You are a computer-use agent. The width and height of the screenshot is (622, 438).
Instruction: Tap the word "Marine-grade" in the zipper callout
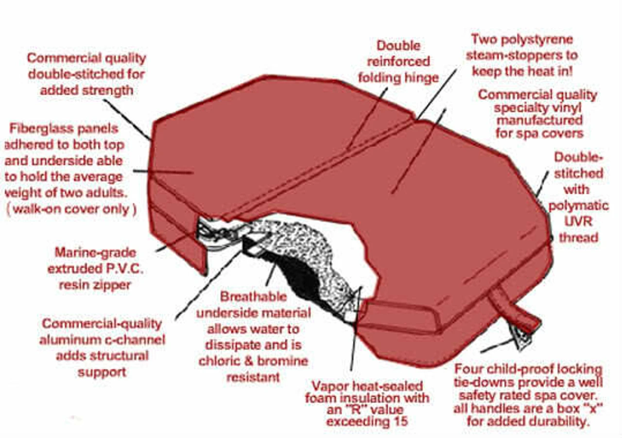tap(95, 253)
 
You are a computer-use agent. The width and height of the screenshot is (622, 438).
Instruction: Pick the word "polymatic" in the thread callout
tap(578, 206)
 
